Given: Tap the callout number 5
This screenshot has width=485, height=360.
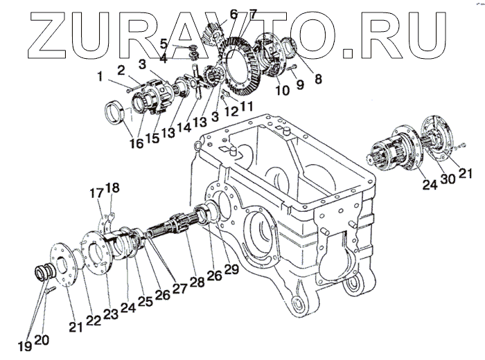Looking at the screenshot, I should click(164, 43).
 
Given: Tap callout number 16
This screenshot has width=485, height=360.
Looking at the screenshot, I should click(136, 143).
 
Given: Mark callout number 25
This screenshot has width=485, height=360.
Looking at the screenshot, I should click(145, 302).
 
